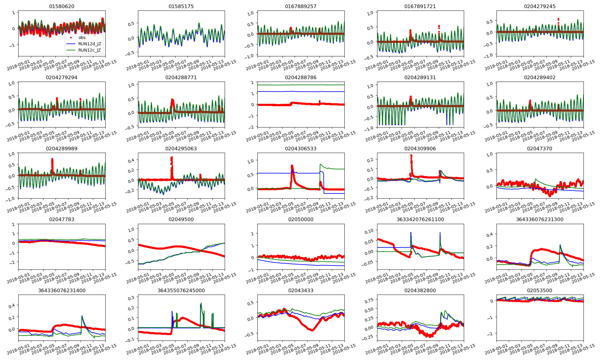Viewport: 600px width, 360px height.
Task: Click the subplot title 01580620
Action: [62, 6]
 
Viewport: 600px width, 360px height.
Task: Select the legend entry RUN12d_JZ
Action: [90, 44]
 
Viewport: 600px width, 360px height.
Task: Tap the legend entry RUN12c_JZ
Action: [90, 50]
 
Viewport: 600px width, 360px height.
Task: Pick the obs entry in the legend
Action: [82, 37]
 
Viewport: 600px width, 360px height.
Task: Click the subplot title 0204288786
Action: [301, 77]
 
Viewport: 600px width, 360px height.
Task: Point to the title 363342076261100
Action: [420, 219]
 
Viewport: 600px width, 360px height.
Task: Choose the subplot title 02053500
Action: [539, 290]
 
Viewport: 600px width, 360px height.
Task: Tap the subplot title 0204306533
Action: [301, 148]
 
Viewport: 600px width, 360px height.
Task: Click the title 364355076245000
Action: [181, 290]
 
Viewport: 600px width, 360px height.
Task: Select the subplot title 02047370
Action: [539, 148]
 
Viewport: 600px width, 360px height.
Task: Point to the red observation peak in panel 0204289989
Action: [52, 159]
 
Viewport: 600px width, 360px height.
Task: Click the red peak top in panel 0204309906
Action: [411, 155]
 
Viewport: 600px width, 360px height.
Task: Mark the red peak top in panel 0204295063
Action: [172, 157]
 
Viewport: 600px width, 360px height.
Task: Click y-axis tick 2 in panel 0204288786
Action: [252, 82]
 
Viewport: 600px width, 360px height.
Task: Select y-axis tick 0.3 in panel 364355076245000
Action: [132, 298]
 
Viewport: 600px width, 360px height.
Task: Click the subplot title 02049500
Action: [181, 219]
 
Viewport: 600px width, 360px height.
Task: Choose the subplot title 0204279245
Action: [539, 6]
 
